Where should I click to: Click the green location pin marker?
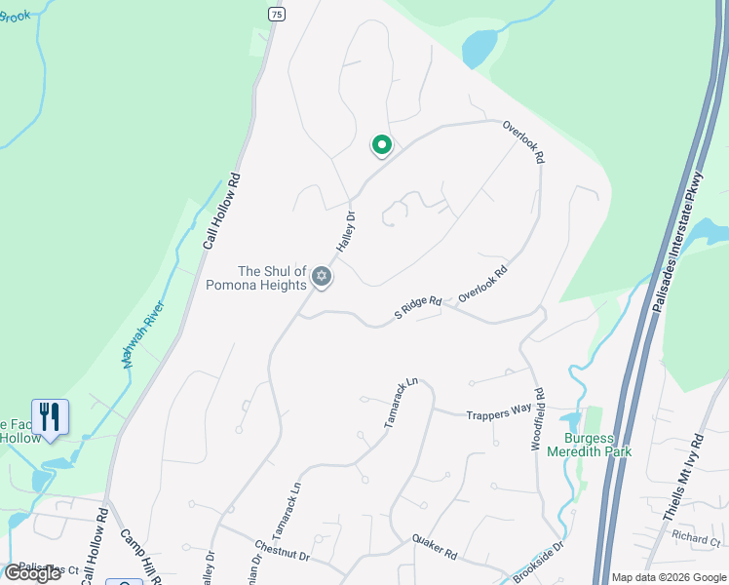382,145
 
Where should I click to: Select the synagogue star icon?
322,279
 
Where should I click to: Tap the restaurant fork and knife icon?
50,416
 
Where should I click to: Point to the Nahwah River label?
143,332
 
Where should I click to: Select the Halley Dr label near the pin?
346,232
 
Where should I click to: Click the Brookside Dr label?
545,561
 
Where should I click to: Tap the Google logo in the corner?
32,573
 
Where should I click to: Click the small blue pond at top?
480,47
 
